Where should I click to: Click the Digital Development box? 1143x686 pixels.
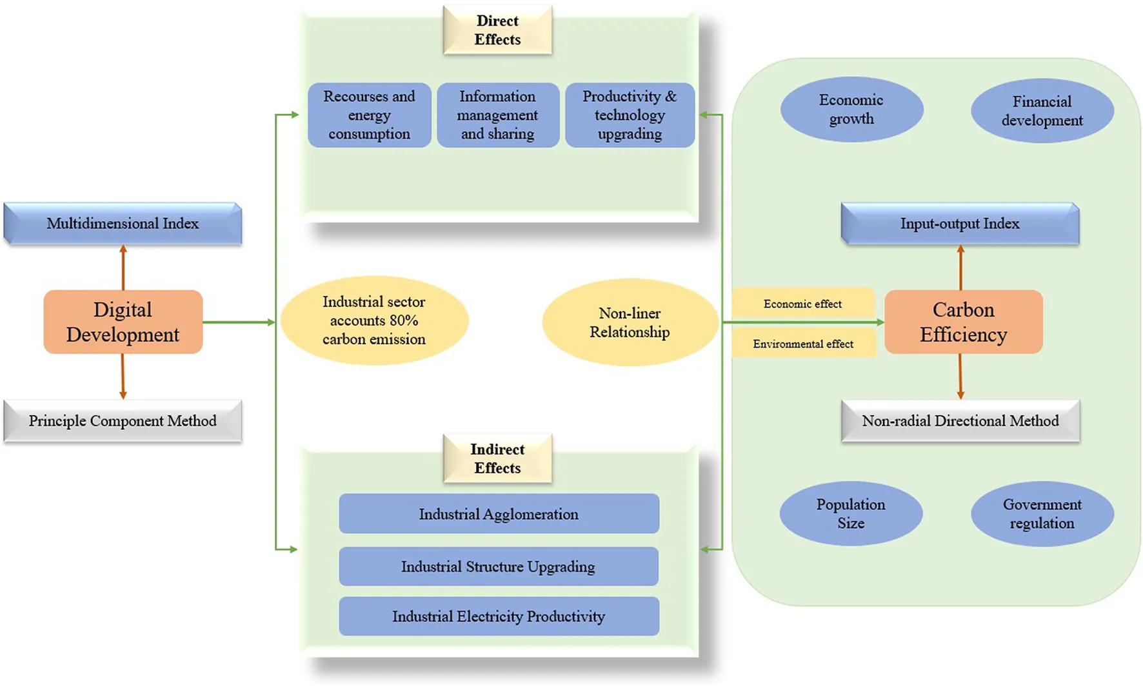click(123, 322)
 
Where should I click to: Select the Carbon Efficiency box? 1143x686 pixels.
click(963, 322)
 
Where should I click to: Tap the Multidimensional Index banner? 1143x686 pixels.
click(123, 224)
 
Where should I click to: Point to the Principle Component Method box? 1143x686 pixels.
click(123, 421)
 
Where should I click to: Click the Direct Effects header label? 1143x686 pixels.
click(497, 30)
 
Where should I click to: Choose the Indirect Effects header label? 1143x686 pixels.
click(497, 458)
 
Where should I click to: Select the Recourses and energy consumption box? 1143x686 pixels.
click(369, 115)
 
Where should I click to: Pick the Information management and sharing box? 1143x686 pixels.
click(497, 115)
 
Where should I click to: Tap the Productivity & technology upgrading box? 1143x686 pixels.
click(630, 115)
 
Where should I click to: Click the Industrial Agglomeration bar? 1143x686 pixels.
click(499, 514)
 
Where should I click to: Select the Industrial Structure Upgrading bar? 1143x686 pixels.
click(499, 567)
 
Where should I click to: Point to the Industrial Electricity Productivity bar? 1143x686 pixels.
click(499, 616)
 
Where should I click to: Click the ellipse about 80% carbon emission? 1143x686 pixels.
click(374, 320)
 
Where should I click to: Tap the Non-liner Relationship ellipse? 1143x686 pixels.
click(630, 322)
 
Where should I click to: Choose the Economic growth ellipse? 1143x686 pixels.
click(851, 110)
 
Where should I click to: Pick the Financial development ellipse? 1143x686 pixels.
click(1042, 111)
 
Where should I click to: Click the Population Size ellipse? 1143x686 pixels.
click(851, 514)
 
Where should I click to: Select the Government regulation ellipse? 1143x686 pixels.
click(1042, 514)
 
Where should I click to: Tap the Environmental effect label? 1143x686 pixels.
click(803, 344)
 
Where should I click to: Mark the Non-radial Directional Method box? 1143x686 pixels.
click(960, 421)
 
